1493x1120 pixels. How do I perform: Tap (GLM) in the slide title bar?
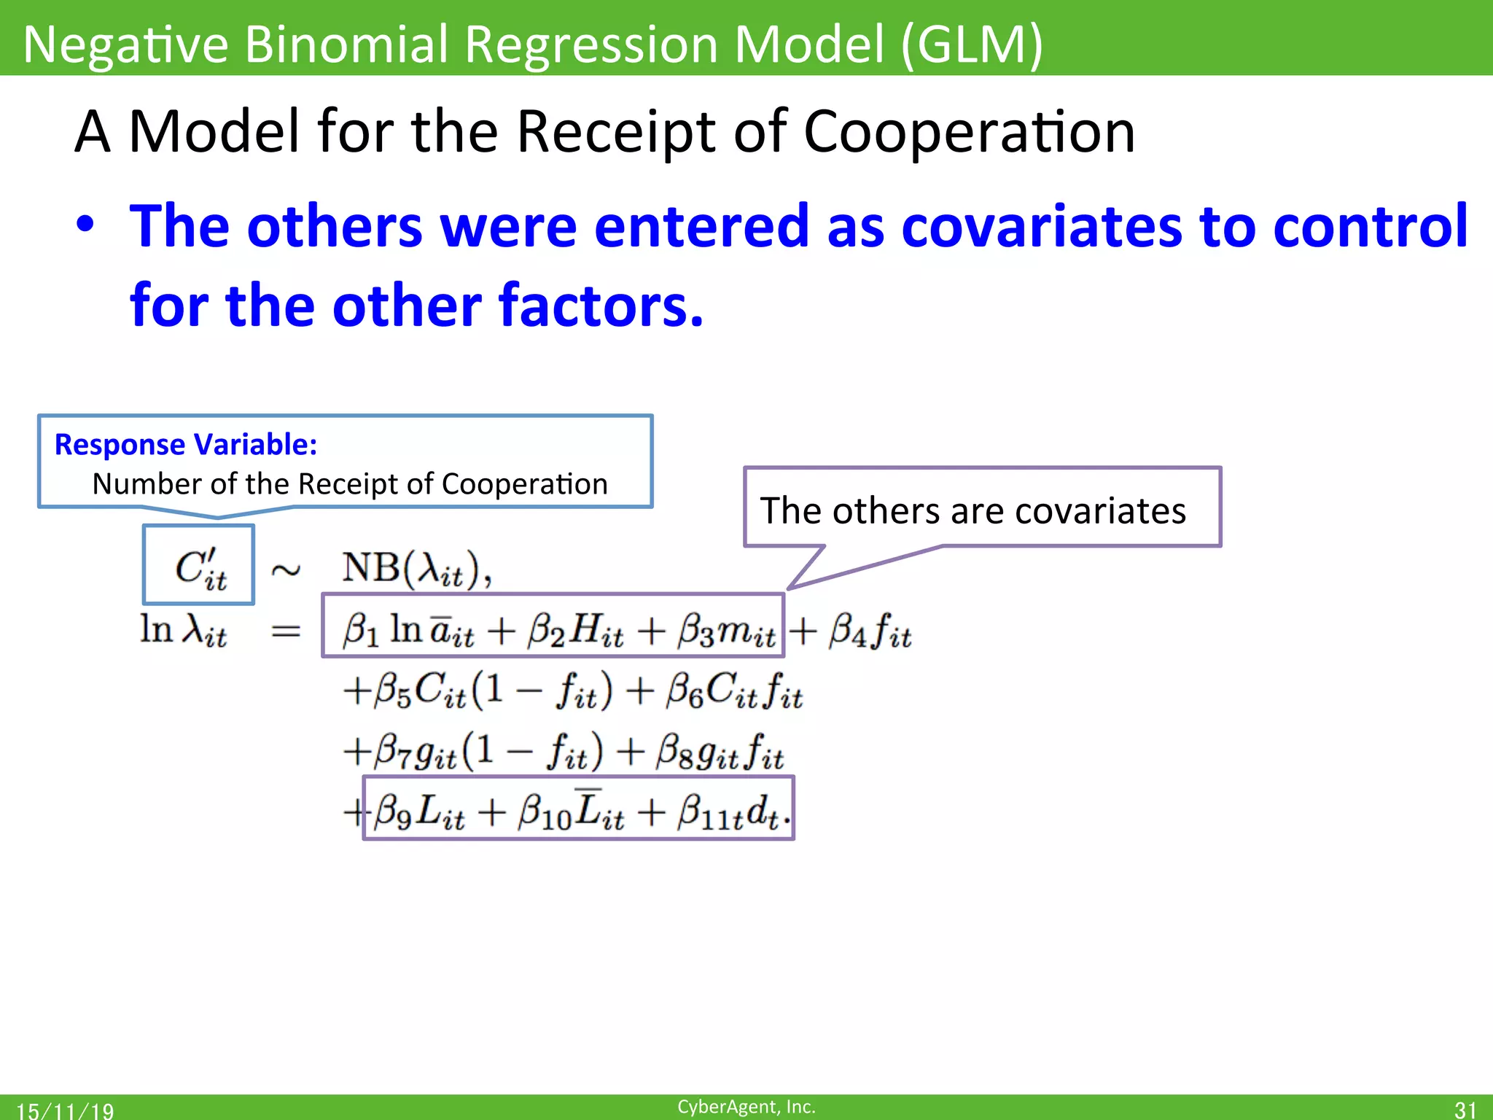pos(972,45)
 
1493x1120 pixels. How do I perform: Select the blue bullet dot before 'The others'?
pos(86,225)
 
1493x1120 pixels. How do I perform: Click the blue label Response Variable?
pos(186,444)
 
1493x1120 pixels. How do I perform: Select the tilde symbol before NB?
pos(285,569)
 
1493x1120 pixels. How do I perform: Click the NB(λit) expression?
pos(416,568)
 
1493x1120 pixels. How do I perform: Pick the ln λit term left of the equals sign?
pos(183,630)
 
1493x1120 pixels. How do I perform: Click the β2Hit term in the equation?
pos(575,630)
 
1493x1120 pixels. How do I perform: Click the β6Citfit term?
pos(733,691)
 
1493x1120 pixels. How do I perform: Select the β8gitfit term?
pos(719,752)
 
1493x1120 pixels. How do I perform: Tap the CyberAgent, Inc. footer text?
pos(746,1106)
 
